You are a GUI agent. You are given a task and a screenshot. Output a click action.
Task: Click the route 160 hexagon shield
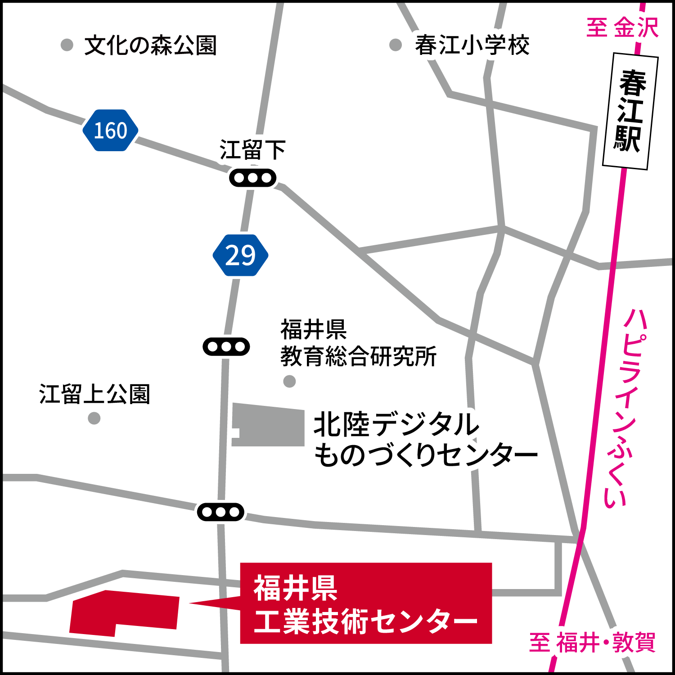(x=110, y=130)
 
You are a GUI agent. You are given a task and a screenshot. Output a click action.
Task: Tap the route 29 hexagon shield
(x=240, y=255)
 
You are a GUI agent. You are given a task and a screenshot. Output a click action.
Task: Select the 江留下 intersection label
(x=252, y=150)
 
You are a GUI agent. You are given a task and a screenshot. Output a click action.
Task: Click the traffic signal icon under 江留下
(x=252, y=178)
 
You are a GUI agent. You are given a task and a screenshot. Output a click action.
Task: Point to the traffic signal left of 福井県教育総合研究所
(x=226, y=346)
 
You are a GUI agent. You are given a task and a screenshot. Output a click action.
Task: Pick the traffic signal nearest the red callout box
(x=220, y=512)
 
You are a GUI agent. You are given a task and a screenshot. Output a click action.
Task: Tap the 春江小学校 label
(x=472, y=45)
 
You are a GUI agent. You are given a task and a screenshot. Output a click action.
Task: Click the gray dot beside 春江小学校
(x=395, y=45)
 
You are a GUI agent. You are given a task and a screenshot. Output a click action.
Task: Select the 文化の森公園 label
(x=150, y=45)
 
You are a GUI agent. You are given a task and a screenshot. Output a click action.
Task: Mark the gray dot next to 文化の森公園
(x=67, y=45)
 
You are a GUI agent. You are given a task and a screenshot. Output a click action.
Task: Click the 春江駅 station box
(x=630, y=111)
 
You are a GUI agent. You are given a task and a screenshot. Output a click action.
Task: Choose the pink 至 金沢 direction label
(x=622, y=27)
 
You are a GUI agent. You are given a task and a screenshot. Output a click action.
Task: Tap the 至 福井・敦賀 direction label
(x=592, y=642)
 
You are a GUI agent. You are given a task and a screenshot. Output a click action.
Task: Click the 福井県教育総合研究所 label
(x=358, y=343)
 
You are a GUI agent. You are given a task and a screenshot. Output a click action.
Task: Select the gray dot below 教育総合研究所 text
(x=289, y=382)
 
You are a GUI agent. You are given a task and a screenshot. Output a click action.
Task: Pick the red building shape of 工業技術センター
(x=124, y=612)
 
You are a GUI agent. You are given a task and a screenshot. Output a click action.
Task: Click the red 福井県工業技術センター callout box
(x=365, y=603)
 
